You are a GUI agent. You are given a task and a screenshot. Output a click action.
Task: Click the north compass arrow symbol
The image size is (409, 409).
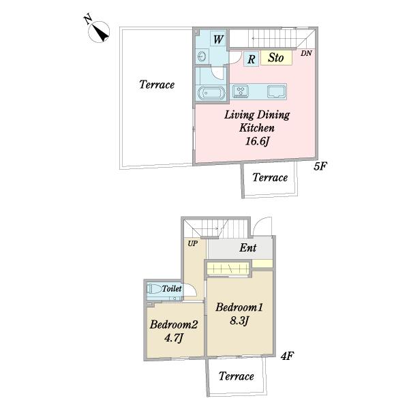click(99, 31)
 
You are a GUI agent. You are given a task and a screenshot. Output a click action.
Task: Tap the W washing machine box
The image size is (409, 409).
click(218, 40)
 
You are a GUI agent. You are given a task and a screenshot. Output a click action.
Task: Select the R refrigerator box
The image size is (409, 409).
click(251, 59)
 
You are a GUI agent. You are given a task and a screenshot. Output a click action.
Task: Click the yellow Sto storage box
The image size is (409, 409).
click(276, 57)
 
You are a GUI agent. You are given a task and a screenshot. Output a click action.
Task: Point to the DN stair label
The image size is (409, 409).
click(306, 53)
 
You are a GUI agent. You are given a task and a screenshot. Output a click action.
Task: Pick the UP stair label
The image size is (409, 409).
click(193, 243)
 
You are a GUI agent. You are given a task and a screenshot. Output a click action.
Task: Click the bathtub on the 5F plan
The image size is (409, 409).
click(211, 93)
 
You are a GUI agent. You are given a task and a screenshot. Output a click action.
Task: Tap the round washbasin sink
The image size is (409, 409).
click(202, 57)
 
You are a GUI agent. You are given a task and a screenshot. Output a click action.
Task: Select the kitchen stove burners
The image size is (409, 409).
click(241, 91)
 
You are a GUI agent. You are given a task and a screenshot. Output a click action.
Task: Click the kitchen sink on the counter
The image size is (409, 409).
click(276, 92)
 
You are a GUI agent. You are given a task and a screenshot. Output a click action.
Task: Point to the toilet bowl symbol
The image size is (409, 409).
click(154, 289)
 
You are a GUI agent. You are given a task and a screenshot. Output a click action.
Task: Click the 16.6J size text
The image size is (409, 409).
click(257, 141)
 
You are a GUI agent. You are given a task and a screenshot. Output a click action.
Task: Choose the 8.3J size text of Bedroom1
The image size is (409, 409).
click(239, 320)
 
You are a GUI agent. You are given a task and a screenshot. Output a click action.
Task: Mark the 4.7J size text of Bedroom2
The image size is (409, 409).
click(173, 338)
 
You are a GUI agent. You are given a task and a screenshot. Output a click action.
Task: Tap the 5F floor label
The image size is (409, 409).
click(320, 166)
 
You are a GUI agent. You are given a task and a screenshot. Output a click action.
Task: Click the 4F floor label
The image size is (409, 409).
click(288, 356)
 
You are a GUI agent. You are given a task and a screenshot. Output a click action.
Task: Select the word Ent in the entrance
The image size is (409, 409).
click(248, 248)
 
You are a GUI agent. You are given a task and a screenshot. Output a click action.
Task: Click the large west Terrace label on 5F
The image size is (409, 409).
click(157, 85)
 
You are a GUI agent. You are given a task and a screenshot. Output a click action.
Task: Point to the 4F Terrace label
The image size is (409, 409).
click(237, 376)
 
